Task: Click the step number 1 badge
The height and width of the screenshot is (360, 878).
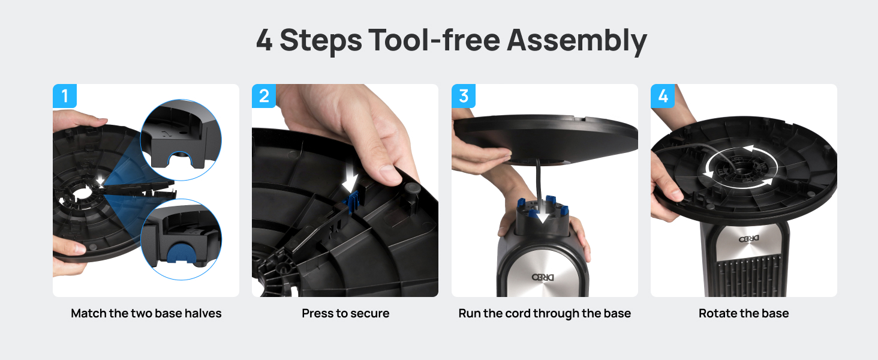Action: coord(65,96)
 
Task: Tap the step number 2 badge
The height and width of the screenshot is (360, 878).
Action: coord(264,96)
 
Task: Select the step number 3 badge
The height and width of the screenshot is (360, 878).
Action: coord(464,96)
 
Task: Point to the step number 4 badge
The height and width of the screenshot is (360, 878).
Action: coord(663,96)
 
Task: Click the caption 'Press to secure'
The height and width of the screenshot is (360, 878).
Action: coord(345,313)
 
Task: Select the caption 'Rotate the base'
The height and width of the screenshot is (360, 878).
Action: coord(744,313)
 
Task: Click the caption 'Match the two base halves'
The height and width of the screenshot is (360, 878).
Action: coord(146,313)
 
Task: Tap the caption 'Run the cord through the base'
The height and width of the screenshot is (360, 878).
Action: coord(545,313)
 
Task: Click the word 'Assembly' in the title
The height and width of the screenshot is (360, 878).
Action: coord(576,41)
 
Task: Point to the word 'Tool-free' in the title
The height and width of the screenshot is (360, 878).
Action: coord(434,41)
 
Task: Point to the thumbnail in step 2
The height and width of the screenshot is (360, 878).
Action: coord(389,173)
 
